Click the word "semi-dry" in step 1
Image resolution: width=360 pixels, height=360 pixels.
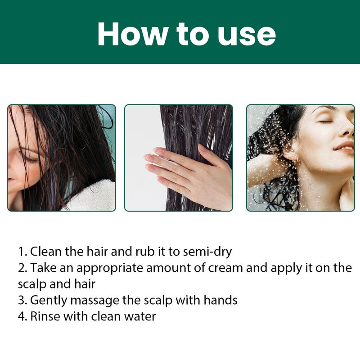click(x=207, y=252)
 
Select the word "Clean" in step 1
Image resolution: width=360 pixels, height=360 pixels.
click(x=46, y=252)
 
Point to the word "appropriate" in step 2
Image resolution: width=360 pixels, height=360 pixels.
click(x=110, y=268)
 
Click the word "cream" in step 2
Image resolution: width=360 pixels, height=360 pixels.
click(x=225, y=268)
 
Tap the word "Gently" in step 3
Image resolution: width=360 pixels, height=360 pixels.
click(x=49, y=301)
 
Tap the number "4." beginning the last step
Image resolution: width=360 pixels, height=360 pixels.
click(x=22, y=316)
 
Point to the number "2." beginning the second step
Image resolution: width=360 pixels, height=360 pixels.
click(x=22, y=268)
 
